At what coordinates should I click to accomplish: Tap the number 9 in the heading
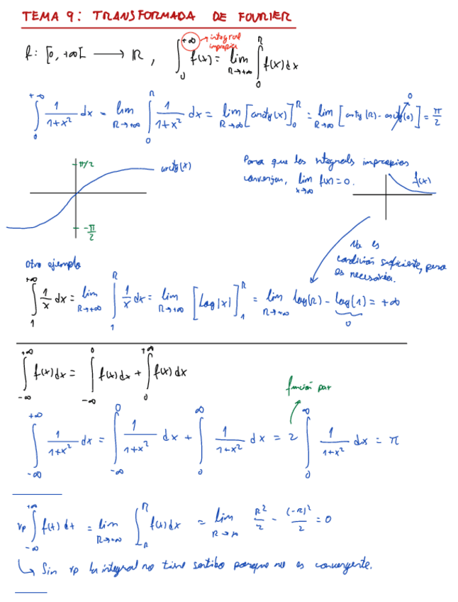(x=69, y=16)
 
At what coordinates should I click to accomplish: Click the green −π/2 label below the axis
(x=91, y=232)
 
